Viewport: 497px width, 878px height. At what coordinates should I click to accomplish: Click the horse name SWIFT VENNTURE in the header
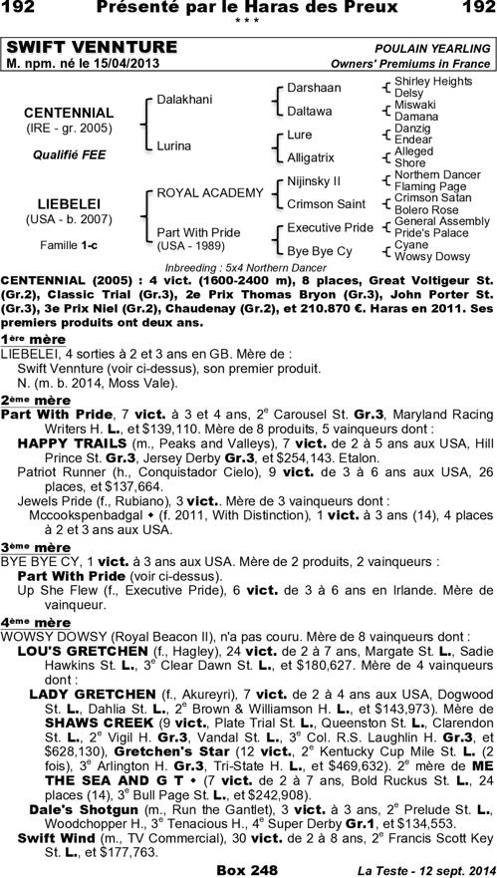coord(92,48)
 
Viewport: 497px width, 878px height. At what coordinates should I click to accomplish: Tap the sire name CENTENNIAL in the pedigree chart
coord(68,113)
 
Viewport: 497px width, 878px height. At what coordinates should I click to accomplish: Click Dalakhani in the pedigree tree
coord(185,100)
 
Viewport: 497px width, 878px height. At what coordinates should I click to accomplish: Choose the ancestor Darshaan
coord(314,88)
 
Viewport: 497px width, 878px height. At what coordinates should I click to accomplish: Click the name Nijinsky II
coord(314,180)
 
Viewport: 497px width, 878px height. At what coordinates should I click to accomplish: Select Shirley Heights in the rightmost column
coord(433,80)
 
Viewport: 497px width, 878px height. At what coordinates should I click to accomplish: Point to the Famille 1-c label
coord(68,244)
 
